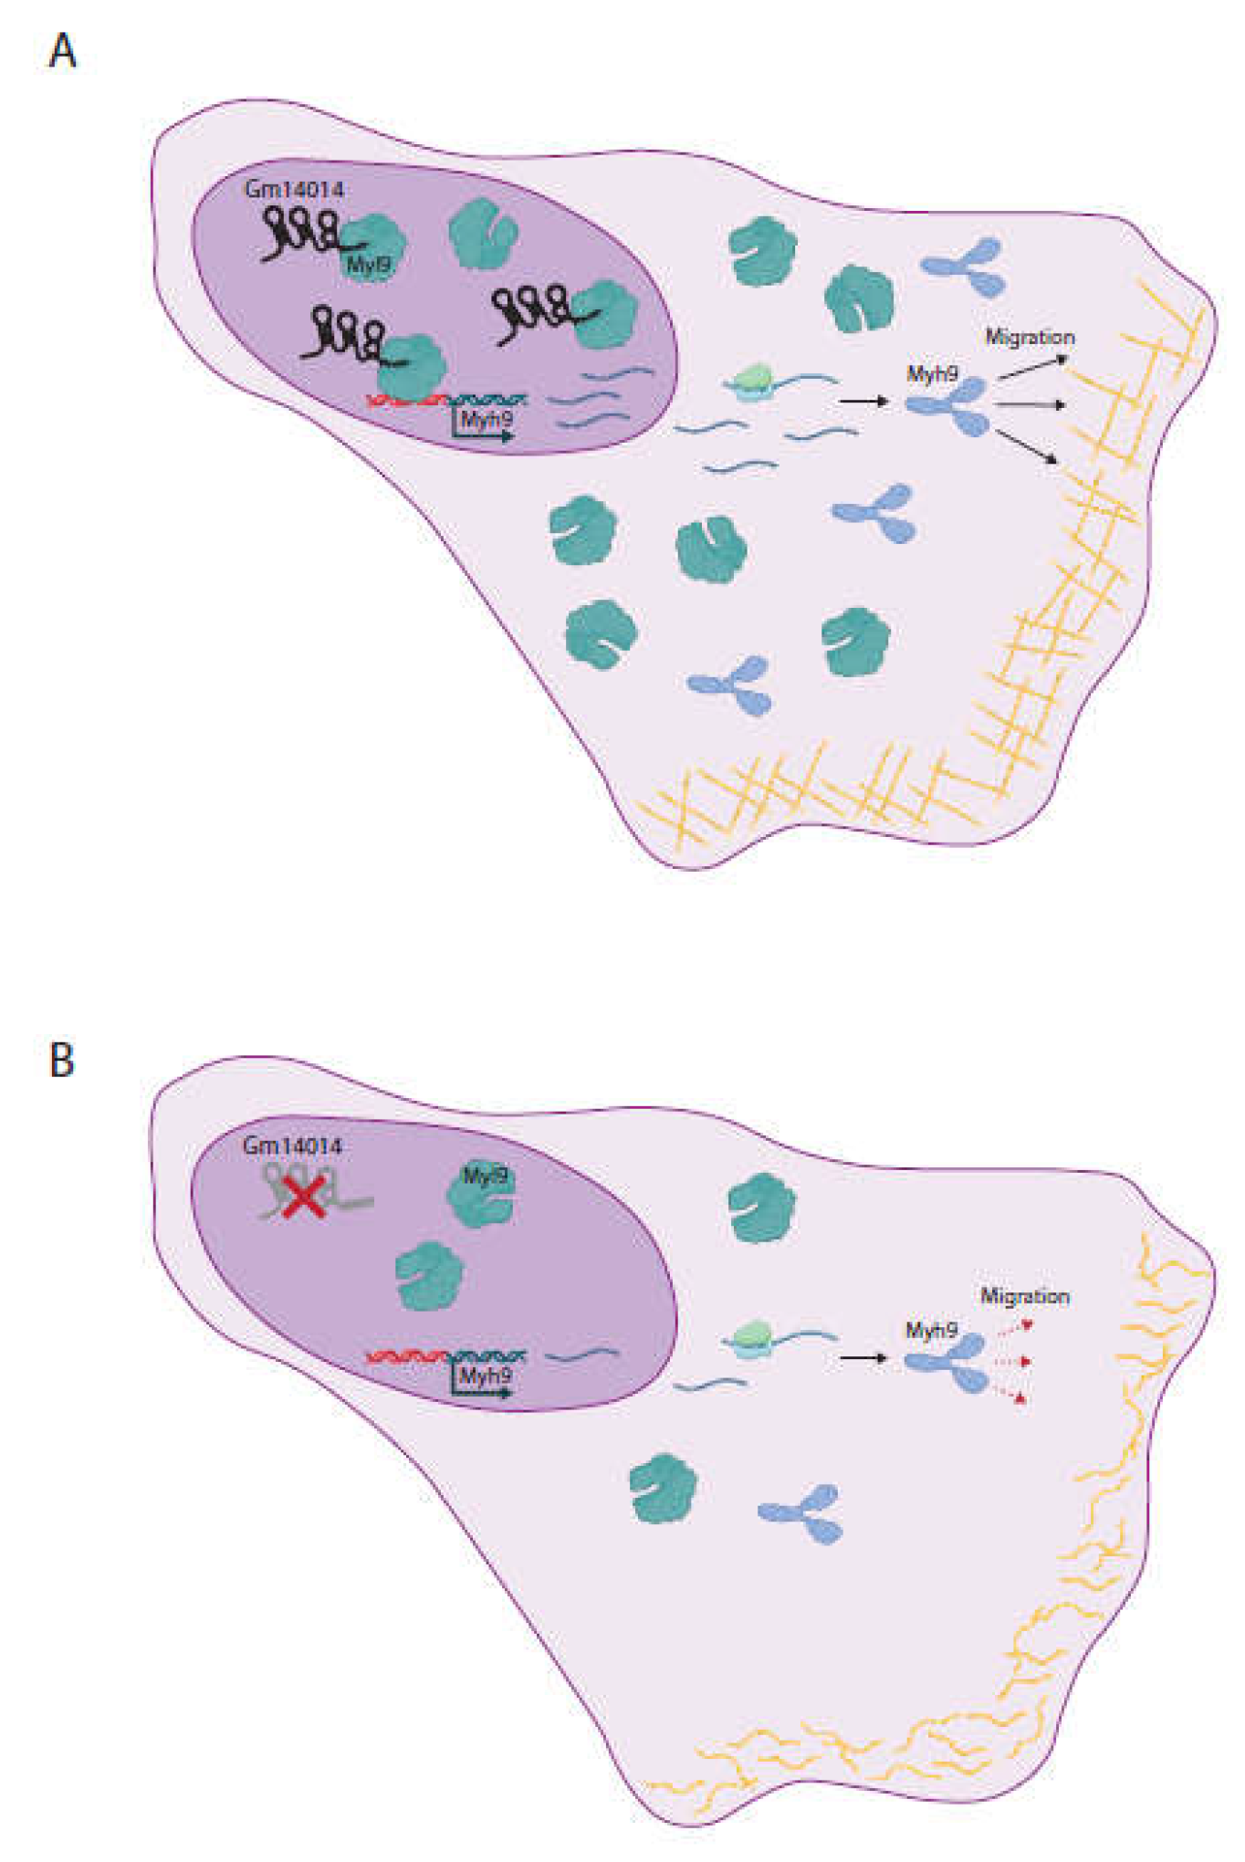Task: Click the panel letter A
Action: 62,51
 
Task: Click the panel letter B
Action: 61,1061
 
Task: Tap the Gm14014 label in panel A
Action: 294,190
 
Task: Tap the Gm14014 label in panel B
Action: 292,1145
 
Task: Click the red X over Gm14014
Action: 304,1197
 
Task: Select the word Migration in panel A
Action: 1030,337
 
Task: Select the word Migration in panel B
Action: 1025,1296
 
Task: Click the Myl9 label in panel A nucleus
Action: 368,265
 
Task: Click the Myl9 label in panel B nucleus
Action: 485,1176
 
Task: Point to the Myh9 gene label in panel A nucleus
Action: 486,419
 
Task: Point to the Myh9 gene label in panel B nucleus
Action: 485,1376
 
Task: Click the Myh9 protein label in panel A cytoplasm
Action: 932,373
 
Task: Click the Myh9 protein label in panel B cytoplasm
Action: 931,1331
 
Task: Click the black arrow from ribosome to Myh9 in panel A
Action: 863,401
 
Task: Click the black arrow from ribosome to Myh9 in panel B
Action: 863,1357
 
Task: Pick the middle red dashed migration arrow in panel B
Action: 1013,1361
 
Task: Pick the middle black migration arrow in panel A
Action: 1029,403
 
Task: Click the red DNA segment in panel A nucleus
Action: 405,399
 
